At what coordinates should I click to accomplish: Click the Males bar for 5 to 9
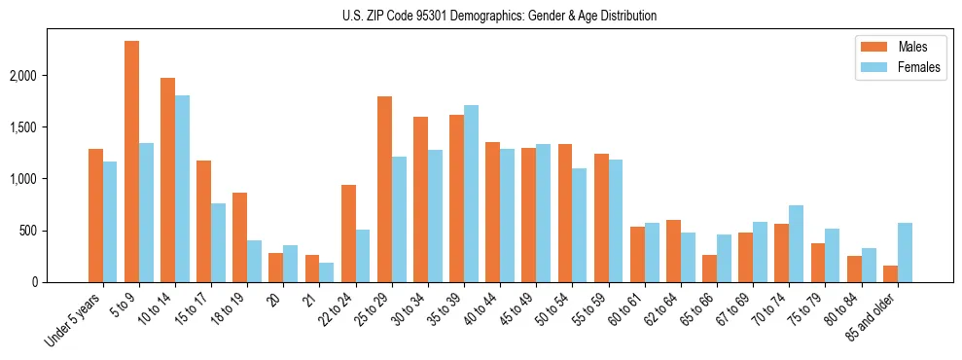131,162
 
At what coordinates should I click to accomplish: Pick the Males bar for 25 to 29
384,190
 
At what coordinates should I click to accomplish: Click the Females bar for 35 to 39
471,194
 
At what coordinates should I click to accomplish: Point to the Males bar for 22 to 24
348,234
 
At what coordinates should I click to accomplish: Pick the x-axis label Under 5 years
76,318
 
